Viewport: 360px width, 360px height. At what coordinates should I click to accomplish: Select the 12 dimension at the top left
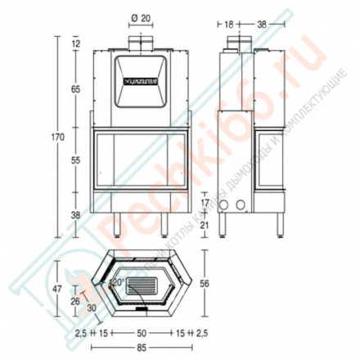click(x=76, y=43)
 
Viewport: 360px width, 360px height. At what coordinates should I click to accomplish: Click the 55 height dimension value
click(x=76, y=161)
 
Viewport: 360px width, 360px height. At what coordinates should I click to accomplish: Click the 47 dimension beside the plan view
click(x=58, y=289)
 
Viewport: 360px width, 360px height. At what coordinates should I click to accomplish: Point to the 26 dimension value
click(x=75, y=302)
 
